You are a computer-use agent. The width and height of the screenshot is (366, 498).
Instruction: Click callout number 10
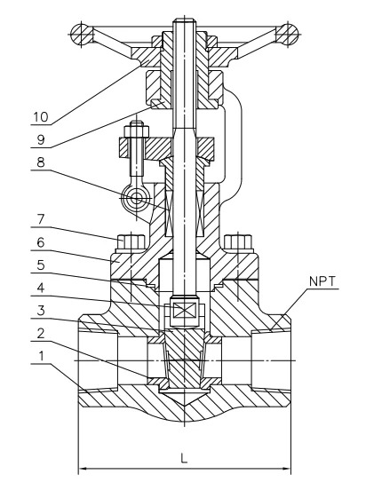coord(41,117)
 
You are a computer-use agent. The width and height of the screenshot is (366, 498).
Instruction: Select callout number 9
coord(41,139)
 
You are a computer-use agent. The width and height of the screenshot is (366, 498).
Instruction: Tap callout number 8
coord(41,162)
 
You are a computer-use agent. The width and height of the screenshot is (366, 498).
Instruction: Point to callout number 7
coord(41,219)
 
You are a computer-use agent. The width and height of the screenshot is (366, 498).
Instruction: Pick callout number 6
coord(41,242)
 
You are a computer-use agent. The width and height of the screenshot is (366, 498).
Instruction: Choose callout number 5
coord(41,265)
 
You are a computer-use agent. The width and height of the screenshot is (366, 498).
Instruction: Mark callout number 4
coord(41,288)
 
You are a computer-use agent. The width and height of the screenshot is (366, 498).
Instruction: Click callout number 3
coord(41,311)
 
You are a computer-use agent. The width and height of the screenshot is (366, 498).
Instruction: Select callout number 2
coord(41,333)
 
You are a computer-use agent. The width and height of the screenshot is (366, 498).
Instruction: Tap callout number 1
coord(41,356)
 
